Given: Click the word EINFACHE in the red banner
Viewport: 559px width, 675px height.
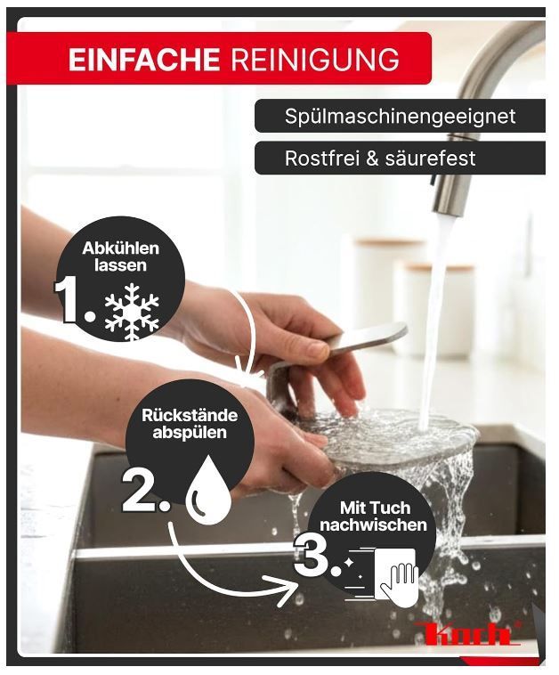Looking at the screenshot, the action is (143, 59).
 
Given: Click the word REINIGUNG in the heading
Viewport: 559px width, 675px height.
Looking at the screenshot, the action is (314, 59).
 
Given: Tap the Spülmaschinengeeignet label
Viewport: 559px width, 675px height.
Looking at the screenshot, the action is (400, 117).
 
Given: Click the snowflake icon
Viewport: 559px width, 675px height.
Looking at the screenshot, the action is (132, 312).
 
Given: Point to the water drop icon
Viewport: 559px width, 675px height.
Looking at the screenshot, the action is (208, 489).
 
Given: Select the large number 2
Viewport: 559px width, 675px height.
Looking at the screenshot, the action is (145, 490).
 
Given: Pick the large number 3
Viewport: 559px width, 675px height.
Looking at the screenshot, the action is (316, 556).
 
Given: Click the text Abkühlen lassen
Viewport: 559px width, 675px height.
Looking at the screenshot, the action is (120, 256).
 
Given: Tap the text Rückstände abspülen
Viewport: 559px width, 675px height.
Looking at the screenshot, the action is (190, 424).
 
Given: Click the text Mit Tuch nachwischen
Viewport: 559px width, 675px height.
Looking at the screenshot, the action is (373, 516).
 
